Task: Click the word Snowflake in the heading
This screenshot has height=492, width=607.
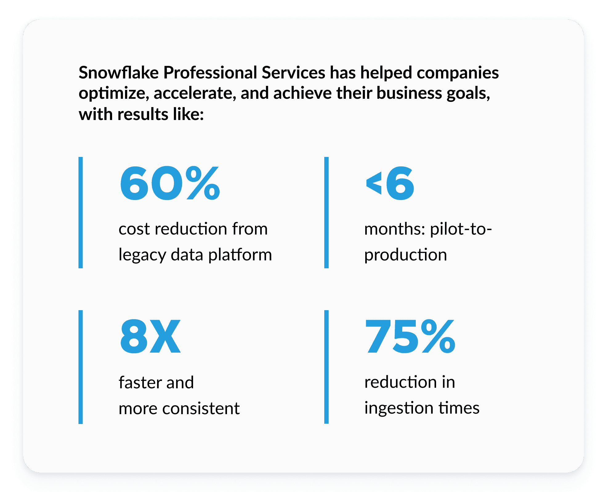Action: click(x=119, y=73)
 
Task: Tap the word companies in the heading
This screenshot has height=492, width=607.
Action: click(x=458, y=73)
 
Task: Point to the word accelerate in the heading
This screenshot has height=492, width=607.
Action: click(x=195, y=94)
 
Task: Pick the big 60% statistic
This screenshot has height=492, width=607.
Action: click(x=170, y=184)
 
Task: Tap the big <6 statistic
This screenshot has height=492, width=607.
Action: click(x=390, y=184)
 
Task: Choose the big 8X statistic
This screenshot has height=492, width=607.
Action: click(x=150, y=337)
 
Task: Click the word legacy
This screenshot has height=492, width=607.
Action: click(x=142, y=255)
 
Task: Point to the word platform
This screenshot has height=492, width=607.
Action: click(x=240, y=255)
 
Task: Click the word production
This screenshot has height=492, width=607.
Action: click(x=405, y=255)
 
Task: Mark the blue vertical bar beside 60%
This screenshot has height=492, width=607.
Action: click(x=81, y=212)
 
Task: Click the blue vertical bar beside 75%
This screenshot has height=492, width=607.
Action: click(x=326, y=367)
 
